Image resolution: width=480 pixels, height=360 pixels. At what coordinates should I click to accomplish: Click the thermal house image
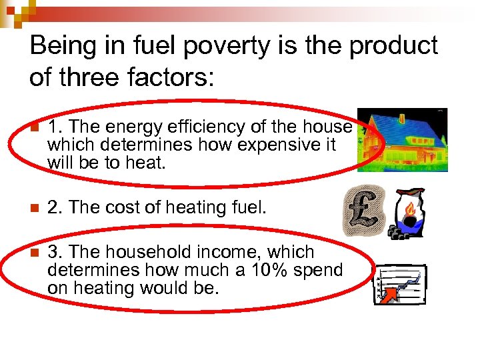pos(403,140)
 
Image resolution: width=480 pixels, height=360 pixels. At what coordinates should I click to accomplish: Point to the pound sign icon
pos(363,210)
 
